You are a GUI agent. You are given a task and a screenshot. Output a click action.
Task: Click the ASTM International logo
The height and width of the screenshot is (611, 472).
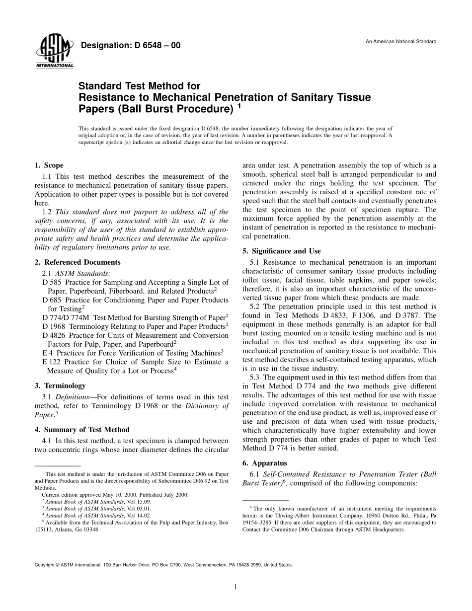coord(54,52)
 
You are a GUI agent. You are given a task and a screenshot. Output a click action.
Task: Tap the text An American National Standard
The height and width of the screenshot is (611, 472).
coord(401,41)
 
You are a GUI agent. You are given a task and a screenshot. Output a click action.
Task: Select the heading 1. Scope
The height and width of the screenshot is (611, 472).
coord(49,165)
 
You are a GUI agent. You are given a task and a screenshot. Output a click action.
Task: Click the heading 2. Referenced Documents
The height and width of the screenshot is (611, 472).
coord(78,262)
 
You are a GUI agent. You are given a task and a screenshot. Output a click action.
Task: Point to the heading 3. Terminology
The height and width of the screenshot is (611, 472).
coord(60,385)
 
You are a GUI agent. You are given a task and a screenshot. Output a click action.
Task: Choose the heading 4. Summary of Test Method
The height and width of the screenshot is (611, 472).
coord(82,430)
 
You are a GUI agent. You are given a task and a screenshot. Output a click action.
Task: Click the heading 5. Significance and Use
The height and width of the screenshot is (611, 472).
coord(281,251)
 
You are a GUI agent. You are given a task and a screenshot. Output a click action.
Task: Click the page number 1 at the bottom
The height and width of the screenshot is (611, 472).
coord(236,587)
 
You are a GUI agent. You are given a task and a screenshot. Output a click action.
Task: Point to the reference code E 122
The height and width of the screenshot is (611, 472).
coord(51,362)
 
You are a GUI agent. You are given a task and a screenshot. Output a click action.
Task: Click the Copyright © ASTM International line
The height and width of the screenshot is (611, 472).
coord(163,565)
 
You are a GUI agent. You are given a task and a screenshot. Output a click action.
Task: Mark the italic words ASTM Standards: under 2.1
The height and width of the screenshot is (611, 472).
coord(83,273)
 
